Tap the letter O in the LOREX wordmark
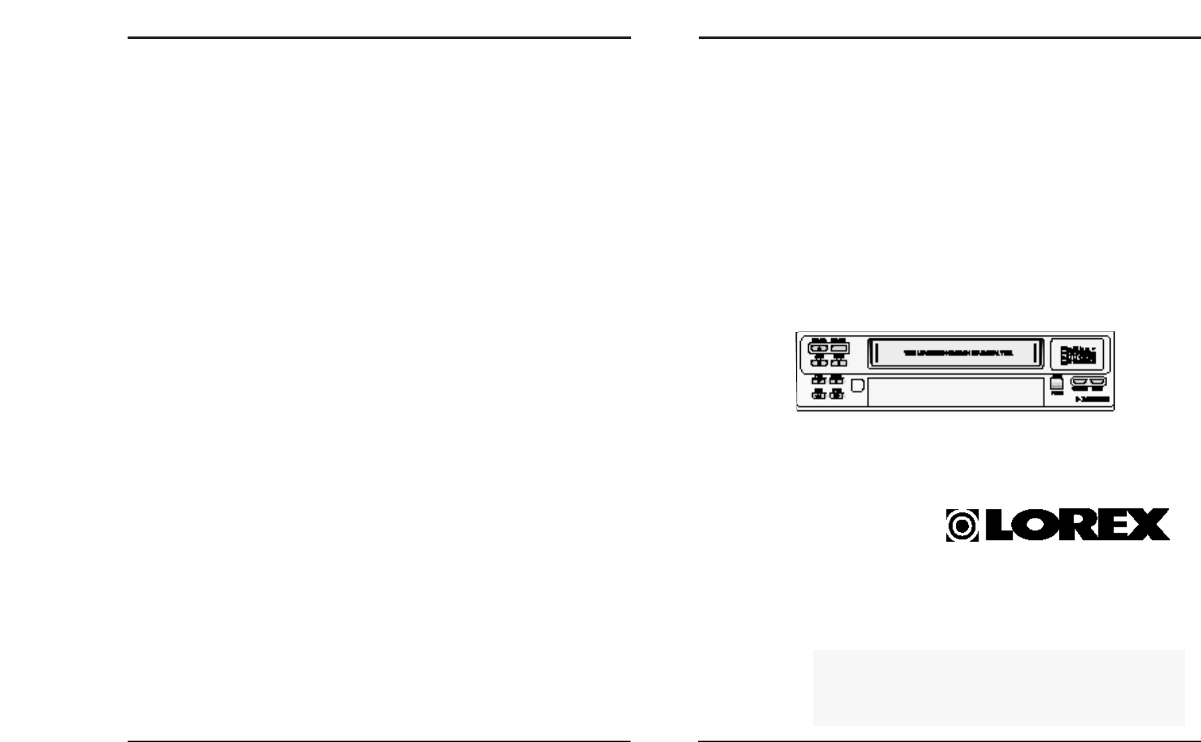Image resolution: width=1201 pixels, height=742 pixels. tap(1040, 525)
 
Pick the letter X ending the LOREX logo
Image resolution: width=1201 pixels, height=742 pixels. tap(1152, 525)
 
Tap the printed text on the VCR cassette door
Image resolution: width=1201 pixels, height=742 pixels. tap(958, 353)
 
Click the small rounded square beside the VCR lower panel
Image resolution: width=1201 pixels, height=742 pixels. tap(857, 386)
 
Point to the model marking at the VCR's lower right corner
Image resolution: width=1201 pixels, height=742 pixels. tap(1092, 400)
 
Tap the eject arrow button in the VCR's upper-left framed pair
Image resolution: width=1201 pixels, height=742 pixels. tap(820, 349)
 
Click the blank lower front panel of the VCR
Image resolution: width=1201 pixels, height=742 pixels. tap(955, 392)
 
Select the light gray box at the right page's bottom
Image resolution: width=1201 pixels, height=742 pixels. tap(998, 687)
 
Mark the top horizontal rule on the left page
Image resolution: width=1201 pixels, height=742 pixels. tap(379, 38)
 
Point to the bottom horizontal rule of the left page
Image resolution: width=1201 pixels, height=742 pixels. tap(379, 741)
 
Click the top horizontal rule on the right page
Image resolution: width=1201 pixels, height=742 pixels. tap(949, 38)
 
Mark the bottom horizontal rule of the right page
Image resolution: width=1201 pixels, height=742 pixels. tap(949, 741)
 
